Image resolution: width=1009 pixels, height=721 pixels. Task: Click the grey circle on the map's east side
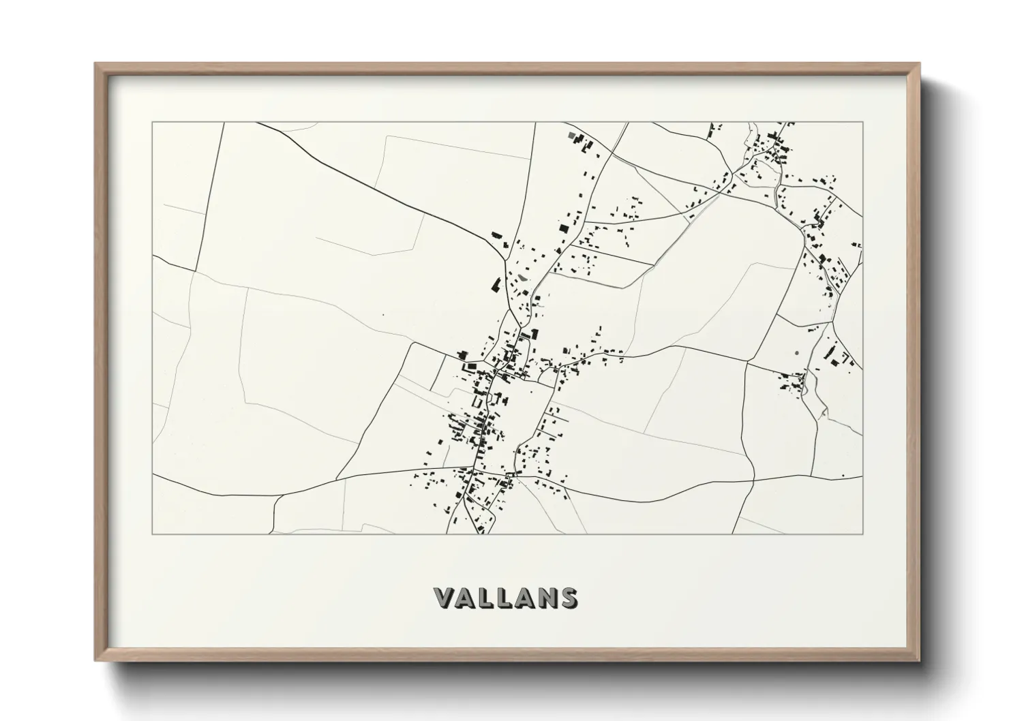796,353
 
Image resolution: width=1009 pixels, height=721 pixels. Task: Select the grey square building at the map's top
571,136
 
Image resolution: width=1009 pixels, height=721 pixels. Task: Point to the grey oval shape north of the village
522,277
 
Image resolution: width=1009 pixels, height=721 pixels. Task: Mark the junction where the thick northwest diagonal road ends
505,259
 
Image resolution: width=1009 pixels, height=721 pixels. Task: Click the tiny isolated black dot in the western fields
383,315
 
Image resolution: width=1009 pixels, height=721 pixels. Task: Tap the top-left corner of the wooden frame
95,63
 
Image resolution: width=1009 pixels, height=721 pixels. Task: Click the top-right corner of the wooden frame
920,63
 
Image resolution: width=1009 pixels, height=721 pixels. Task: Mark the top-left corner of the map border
152,123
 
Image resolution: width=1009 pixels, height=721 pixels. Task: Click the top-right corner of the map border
863,123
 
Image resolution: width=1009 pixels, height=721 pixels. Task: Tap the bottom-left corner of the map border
152,534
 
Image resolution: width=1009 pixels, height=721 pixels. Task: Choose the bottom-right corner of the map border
863,534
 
